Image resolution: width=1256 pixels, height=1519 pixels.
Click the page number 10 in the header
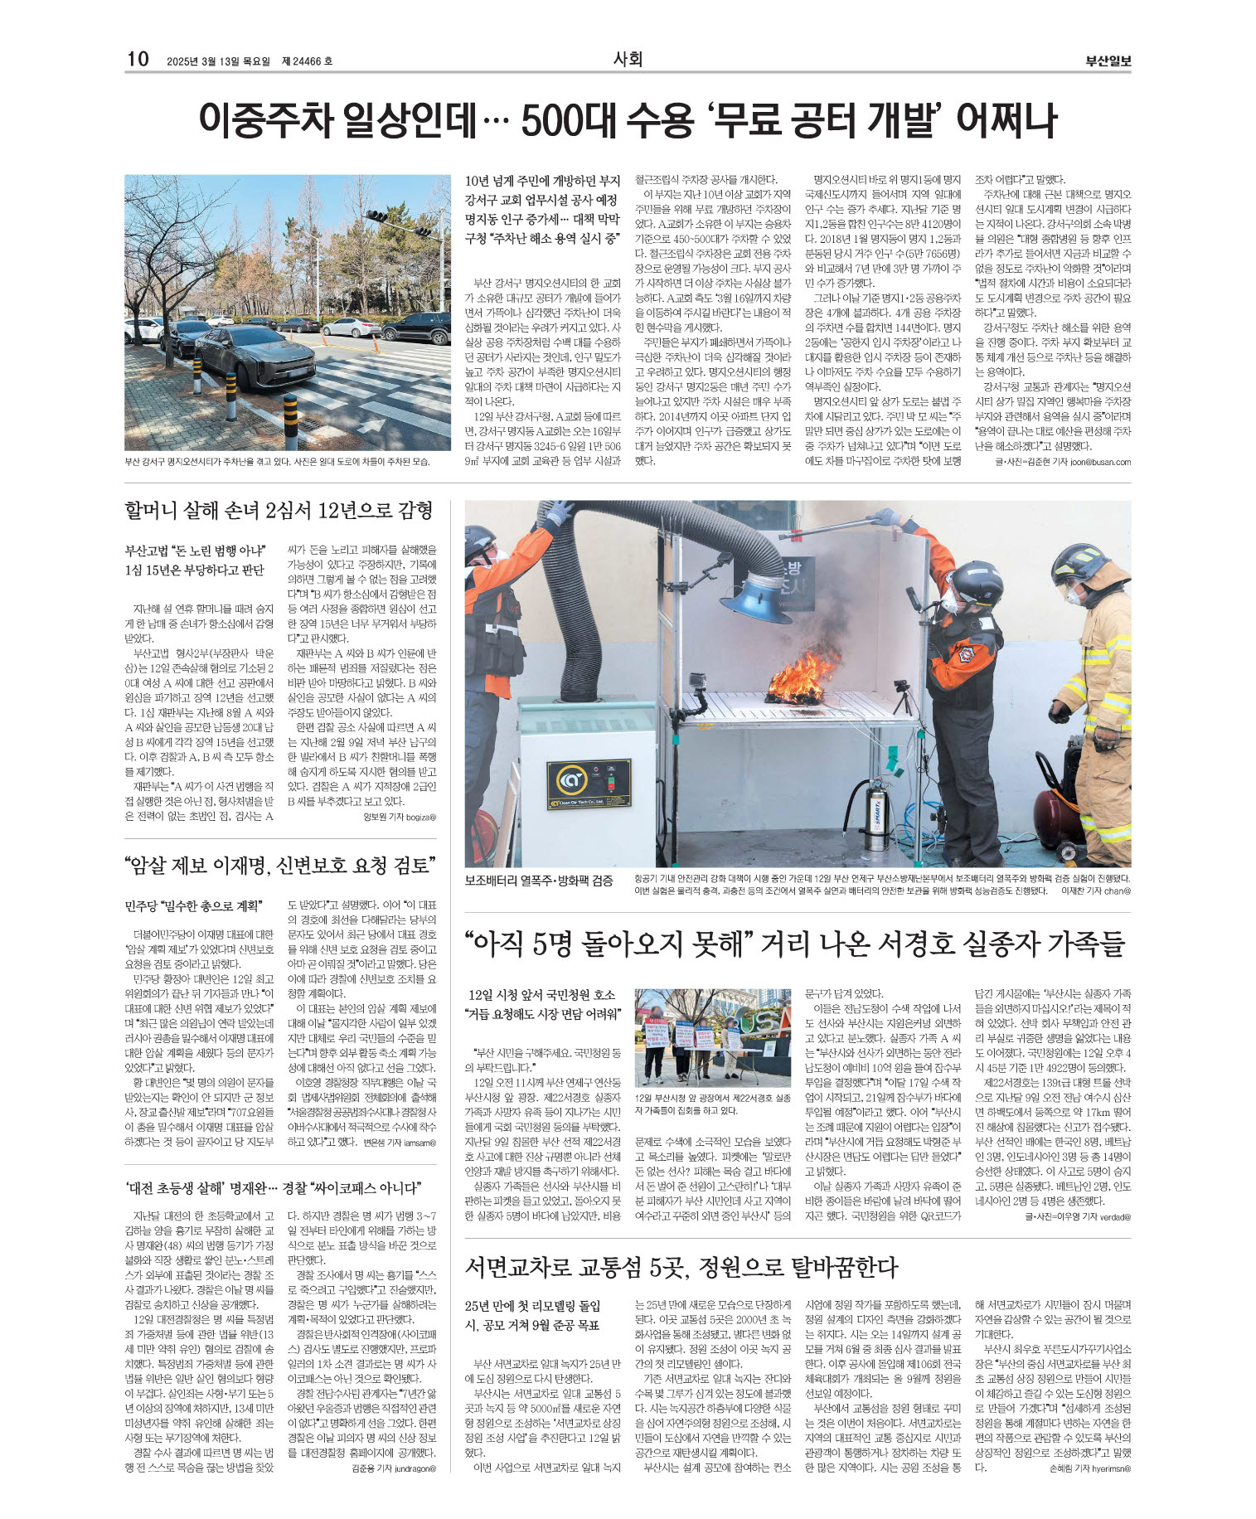click(138, 59)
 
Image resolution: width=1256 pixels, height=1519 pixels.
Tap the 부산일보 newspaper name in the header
click(1108, 61)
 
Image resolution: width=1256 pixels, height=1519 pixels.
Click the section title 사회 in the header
click(628, 59)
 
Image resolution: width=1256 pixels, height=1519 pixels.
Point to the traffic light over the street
click(377, 216)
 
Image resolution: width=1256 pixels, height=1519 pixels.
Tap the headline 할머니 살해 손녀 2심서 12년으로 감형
click(279, 510)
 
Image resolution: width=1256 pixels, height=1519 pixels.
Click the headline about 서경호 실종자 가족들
click(795, 943)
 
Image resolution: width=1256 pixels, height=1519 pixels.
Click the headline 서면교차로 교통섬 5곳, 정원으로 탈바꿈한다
click(681, 1266)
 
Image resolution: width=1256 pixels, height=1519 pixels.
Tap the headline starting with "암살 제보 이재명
click(279, 866)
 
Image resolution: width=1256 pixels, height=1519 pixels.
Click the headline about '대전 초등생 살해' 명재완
click(274, 1187)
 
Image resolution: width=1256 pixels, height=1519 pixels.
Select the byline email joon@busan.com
click(1100, 462)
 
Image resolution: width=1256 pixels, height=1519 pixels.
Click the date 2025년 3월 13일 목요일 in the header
click(218, 61)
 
